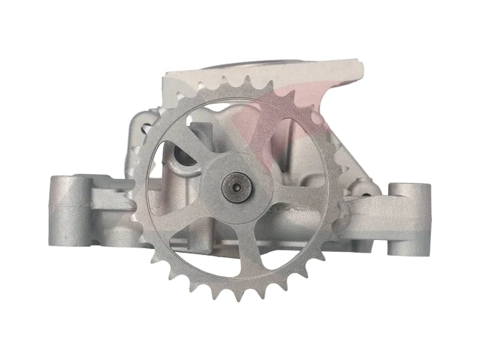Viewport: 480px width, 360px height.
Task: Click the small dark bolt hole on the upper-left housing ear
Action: coord(144,128)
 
